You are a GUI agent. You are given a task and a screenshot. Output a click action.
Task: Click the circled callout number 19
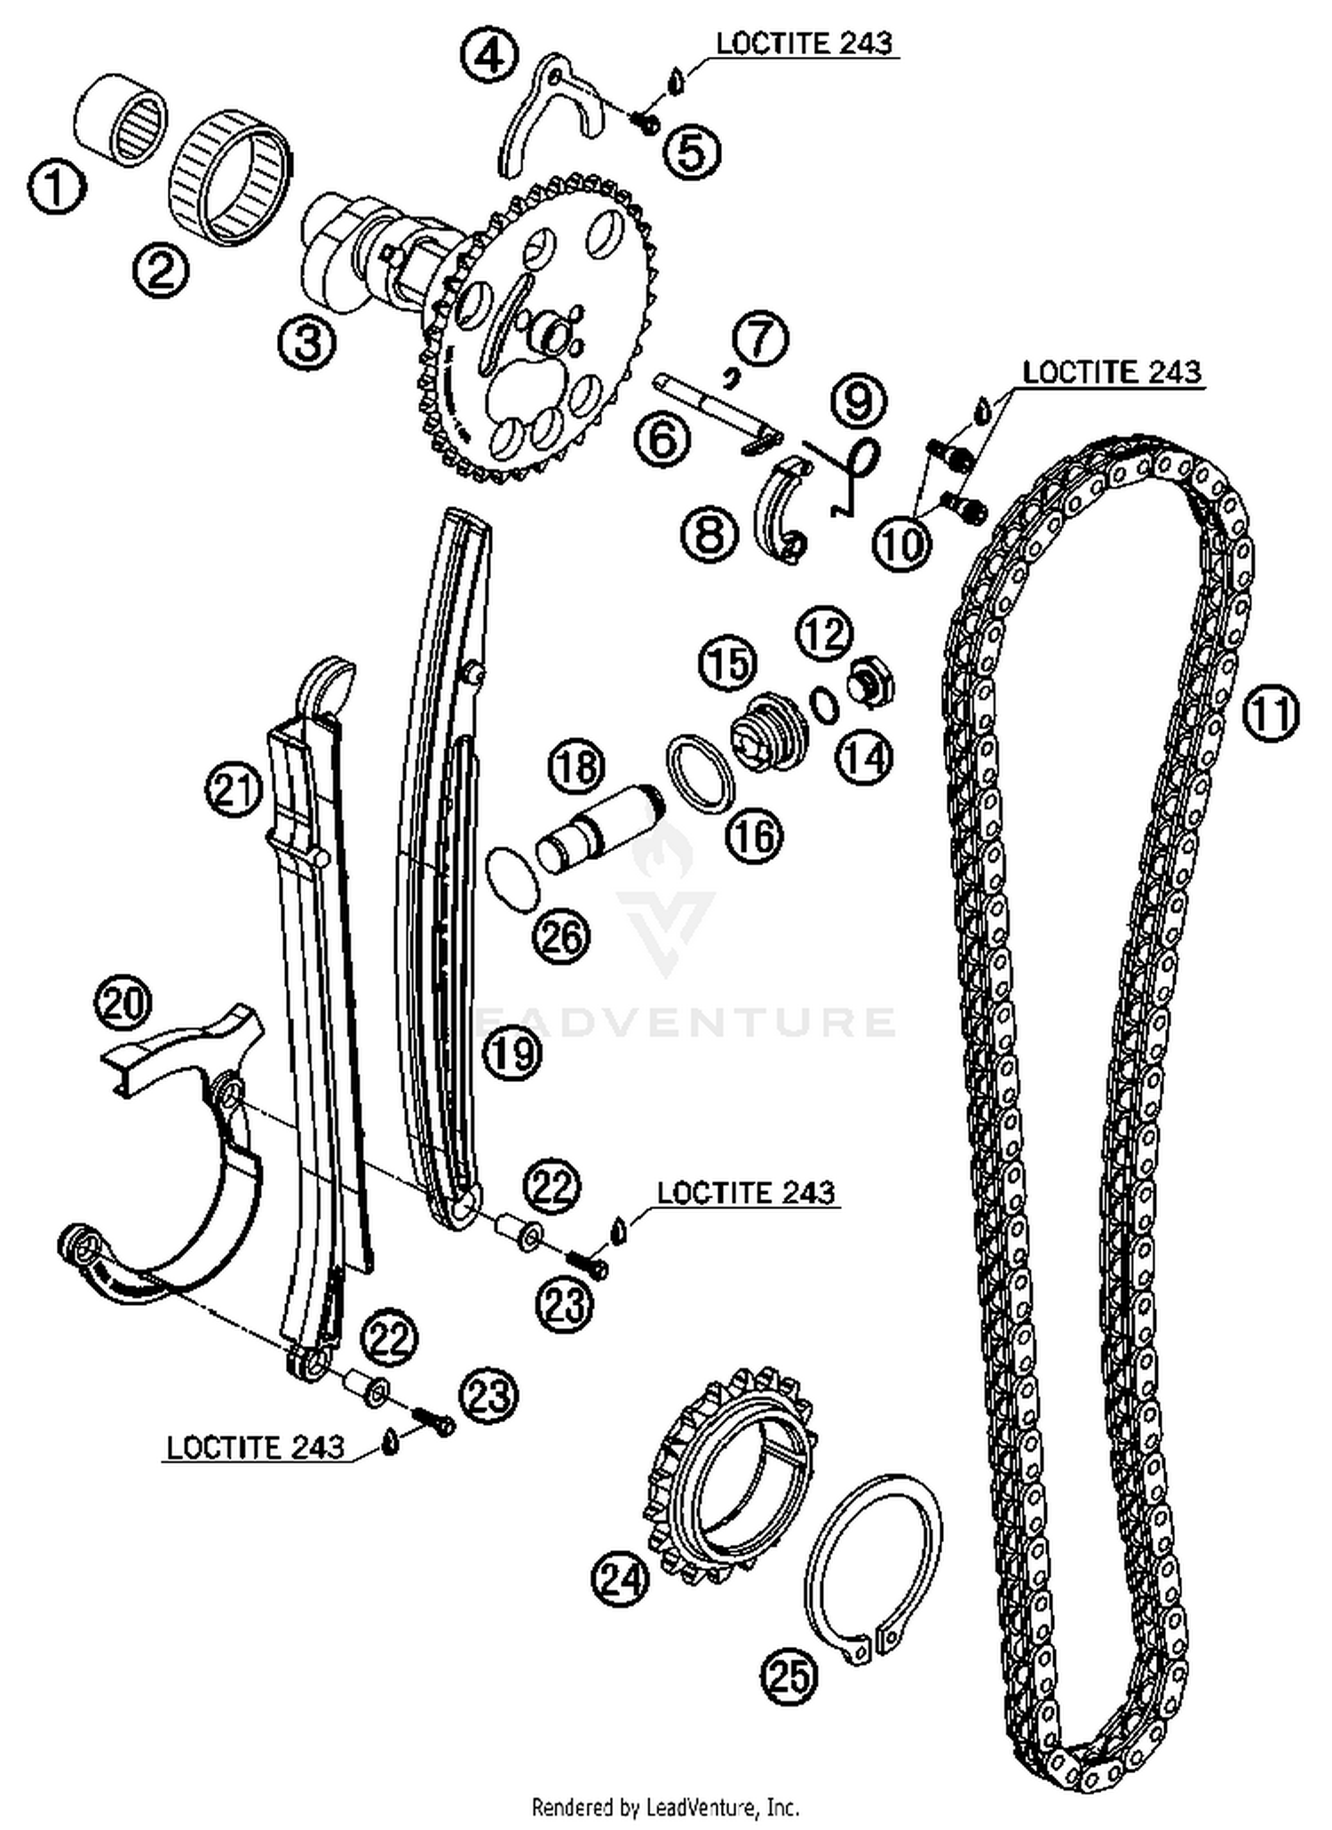(x=513, y=1054)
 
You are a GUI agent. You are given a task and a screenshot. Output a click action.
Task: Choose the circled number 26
(x=561, y=936)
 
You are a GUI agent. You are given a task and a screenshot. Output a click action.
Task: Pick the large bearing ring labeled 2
(x=230, y=177)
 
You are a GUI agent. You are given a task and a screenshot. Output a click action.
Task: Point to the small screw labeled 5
(x=646, y=122)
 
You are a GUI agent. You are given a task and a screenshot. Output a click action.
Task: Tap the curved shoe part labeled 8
(x=780, y=511)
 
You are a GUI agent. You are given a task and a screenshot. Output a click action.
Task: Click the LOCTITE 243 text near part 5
(x=804, y=44)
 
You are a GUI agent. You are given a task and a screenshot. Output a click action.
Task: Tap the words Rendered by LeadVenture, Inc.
(x=665, y=1806)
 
